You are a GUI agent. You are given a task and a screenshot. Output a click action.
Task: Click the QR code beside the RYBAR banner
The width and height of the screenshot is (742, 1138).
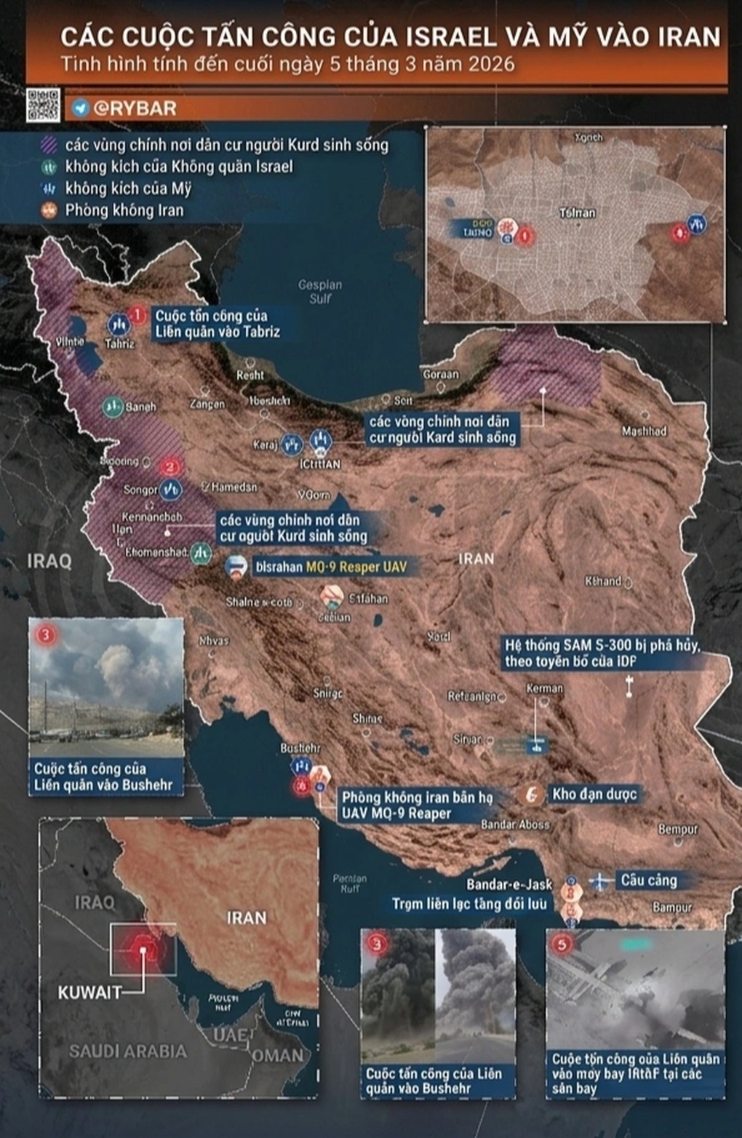point(43,105)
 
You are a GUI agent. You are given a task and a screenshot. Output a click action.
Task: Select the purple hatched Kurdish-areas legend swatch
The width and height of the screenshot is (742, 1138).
point(49,145)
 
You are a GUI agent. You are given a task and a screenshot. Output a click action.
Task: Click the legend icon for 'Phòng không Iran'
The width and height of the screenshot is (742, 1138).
point(49,210)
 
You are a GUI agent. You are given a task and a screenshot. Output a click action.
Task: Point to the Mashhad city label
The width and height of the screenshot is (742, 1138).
point(644,431)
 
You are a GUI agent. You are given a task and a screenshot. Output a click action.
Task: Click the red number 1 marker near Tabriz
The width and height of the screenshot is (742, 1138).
point(137,315)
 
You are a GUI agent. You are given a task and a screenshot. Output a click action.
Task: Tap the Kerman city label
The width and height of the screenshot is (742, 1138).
point(545,688)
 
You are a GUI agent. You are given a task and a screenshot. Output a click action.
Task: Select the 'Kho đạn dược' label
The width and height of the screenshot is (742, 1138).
point(594,794)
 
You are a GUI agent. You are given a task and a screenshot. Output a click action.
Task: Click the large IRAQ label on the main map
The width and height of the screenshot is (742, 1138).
point(49,561)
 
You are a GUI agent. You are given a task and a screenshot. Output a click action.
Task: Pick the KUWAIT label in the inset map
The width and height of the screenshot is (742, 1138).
point(90,992)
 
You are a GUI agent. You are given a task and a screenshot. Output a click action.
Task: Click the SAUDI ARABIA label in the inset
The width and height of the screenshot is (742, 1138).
point(128,1051)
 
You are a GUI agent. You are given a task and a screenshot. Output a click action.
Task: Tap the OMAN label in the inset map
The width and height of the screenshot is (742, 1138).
point(279,1056)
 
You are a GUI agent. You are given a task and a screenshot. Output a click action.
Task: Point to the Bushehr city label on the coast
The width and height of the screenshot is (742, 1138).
point(300,748)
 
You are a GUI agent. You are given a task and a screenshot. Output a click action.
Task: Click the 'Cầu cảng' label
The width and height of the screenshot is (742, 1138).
point(648,880)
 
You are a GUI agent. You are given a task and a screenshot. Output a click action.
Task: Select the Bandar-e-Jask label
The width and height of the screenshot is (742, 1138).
point(509,884)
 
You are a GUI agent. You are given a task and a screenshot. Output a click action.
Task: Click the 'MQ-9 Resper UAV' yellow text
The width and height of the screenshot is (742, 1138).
point(356,567)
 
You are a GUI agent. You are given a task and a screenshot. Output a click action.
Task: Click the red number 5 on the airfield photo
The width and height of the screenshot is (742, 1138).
point(562,944)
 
